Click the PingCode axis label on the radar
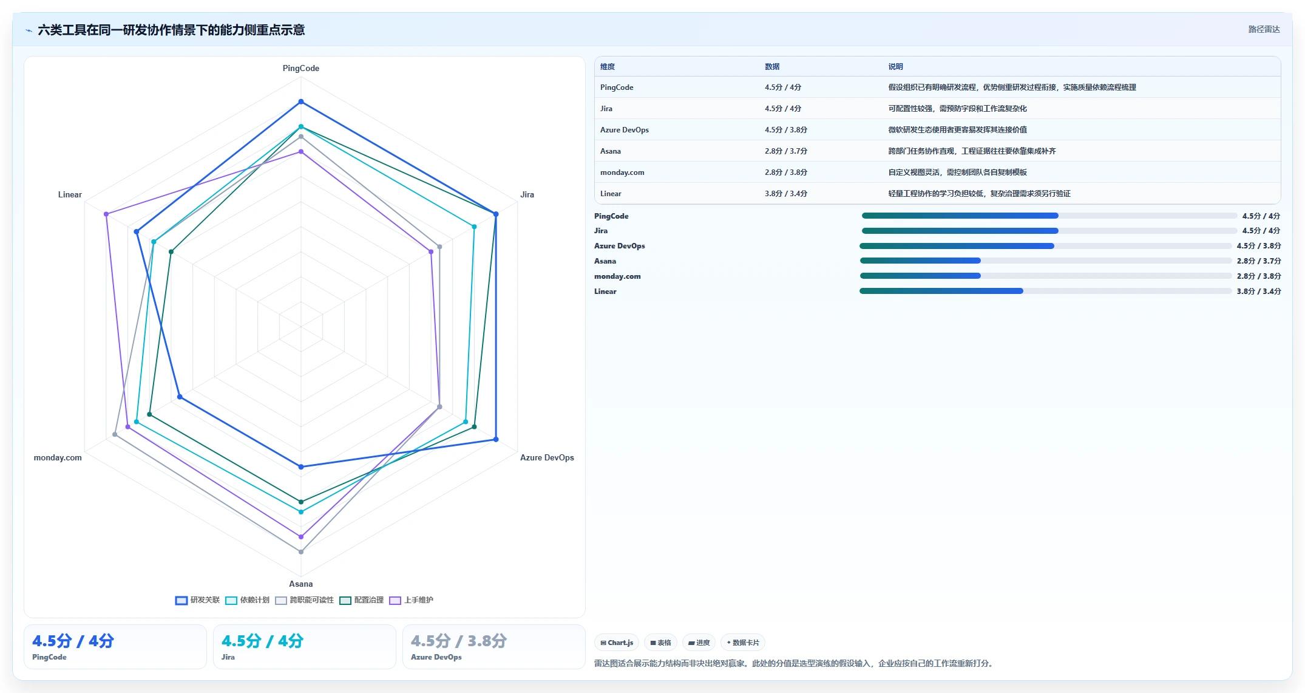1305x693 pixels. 300,68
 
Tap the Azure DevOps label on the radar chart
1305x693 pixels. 547,457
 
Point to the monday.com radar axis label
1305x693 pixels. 58,457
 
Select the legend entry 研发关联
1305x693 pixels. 198,600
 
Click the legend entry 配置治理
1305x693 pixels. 362,600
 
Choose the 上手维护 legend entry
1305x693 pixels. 412,600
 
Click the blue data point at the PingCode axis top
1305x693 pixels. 300,101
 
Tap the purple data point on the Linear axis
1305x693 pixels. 106,214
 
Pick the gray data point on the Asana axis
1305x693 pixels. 300,551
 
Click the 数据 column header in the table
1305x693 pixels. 772,67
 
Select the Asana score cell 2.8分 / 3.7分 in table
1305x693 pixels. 786,151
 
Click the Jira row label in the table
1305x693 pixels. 606,109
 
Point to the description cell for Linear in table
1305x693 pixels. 980,194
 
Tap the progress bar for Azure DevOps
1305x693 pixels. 1046,246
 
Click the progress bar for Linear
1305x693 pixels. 1046,291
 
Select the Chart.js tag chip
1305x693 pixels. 617,643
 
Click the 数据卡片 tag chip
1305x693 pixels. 743,643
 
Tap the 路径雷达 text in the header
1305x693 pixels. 1264,29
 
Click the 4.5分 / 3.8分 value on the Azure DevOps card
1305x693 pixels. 459,641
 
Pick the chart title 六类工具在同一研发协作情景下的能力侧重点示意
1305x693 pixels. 171,30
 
